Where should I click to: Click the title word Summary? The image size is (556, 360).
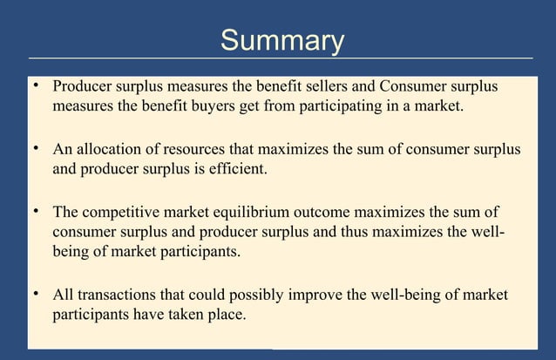[282, 40]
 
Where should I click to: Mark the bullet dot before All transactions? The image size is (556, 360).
[36, 294]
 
